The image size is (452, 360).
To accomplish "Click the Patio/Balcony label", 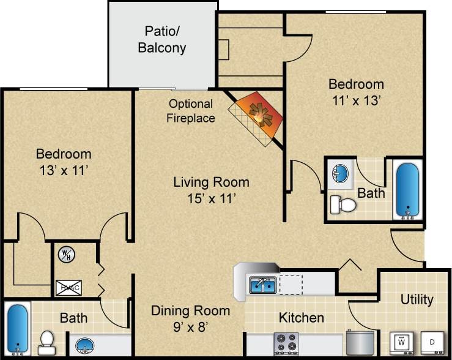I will point(162,39).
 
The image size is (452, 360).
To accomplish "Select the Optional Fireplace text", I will point(191,111).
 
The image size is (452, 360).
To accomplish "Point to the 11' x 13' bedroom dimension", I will point(356,100).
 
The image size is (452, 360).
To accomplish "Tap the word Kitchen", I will point(301,317).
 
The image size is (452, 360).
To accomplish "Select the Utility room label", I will point(417,299).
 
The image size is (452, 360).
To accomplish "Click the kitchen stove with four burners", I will point(286,343).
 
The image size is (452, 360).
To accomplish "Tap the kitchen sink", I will point(262,285).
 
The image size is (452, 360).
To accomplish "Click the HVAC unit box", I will point(68,288).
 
